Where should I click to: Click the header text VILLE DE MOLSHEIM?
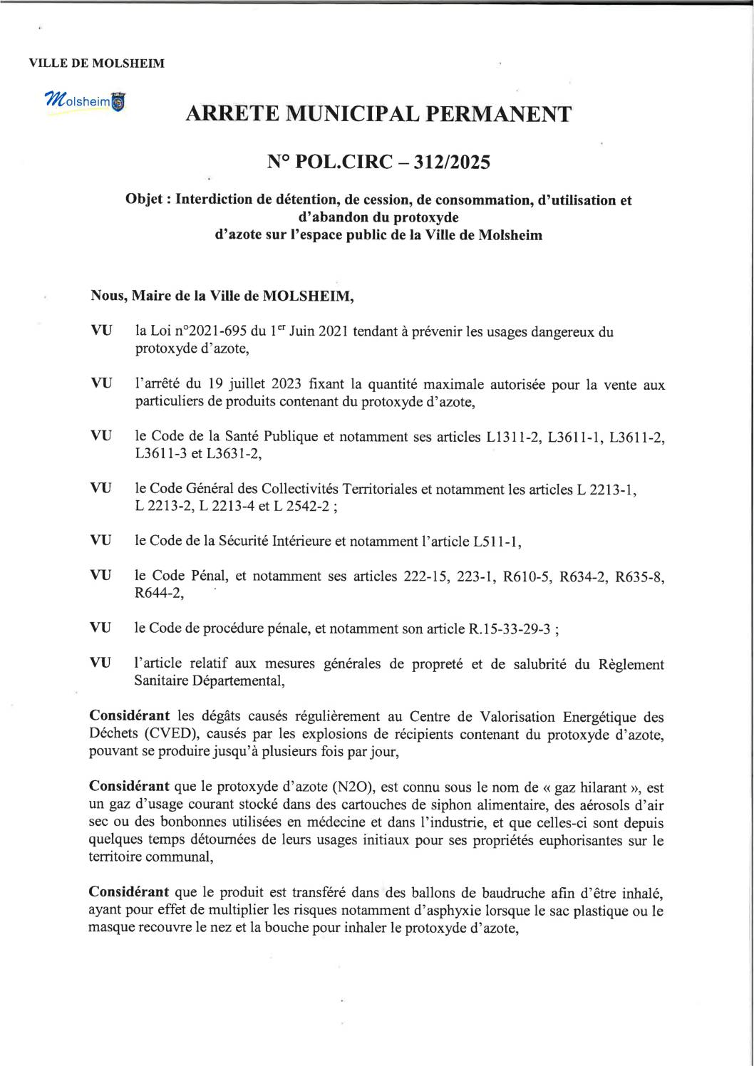(96, 63)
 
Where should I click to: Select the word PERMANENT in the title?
(497, 114)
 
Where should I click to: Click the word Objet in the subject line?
(146, 200)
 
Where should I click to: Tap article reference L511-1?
(496, 542)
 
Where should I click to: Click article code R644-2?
(158, 594)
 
